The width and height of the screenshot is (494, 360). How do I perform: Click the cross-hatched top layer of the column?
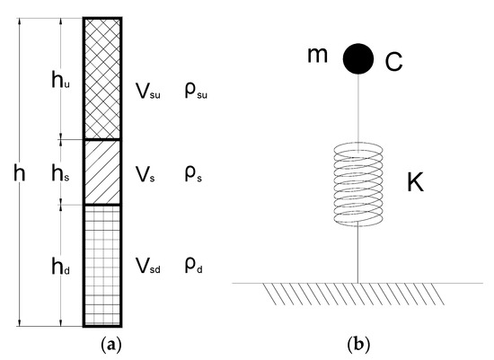(102, 77)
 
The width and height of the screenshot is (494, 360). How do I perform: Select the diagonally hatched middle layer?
(102, 171)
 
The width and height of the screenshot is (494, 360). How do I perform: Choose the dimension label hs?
(60, 171)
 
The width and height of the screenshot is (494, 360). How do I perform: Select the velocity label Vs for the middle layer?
(145, 176)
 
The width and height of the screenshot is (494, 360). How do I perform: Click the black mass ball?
(358, 58)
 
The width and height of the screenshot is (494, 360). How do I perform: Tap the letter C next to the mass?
(393, 61)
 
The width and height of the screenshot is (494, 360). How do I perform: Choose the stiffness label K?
(414, 183)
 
